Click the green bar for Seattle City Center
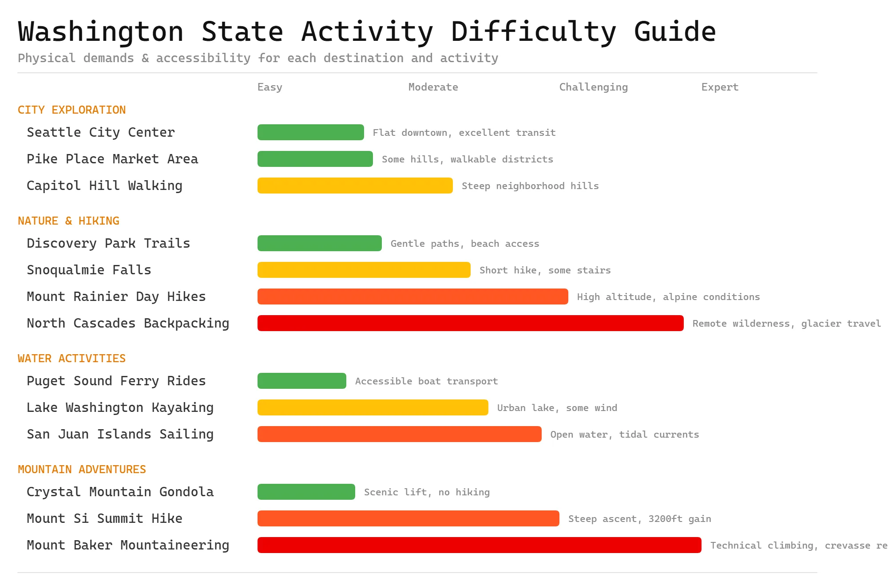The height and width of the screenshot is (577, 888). (310, 132)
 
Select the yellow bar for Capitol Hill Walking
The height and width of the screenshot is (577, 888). (355, 186)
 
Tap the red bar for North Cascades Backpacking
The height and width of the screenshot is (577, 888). (470, 323)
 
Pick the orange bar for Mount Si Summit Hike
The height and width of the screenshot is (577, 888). (408, 518)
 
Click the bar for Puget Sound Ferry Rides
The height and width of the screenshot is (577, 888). (301, 381)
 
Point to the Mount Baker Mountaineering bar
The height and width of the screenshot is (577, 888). (479, 545)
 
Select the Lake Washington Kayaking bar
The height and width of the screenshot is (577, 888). (373, 407)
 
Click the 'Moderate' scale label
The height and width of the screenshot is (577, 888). (433, 87)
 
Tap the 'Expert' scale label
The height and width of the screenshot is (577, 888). (720, 87)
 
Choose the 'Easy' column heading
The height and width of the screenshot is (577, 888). (270, 87)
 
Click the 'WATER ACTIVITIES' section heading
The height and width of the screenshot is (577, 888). (71, 358)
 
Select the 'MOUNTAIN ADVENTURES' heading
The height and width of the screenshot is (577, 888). (82, 469)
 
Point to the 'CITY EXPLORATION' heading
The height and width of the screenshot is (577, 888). (71, 110)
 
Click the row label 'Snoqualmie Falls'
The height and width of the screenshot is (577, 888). (89, 270)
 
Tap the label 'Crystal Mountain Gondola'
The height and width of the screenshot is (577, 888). (120, 492)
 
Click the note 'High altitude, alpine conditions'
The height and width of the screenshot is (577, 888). (668, 297)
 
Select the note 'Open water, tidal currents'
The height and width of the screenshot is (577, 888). (624, 435)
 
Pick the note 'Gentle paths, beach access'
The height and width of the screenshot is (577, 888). (464, 244)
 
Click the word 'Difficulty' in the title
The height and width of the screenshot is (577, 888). (533, 32)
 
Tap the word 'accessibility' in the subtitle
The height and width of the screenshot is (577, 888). (203, 58)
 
